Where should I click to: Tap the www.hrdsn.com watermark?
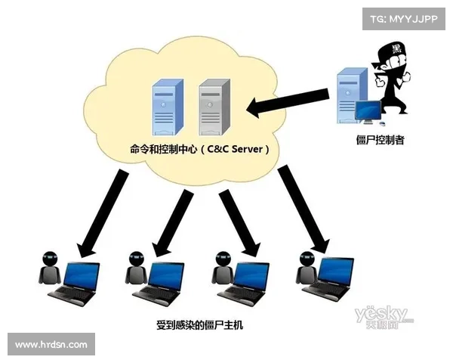pos(51,345)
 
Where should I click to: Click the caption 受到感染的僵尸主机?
pos(200,327)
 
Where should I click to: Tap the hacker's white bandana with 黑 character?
pos(397,50)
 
